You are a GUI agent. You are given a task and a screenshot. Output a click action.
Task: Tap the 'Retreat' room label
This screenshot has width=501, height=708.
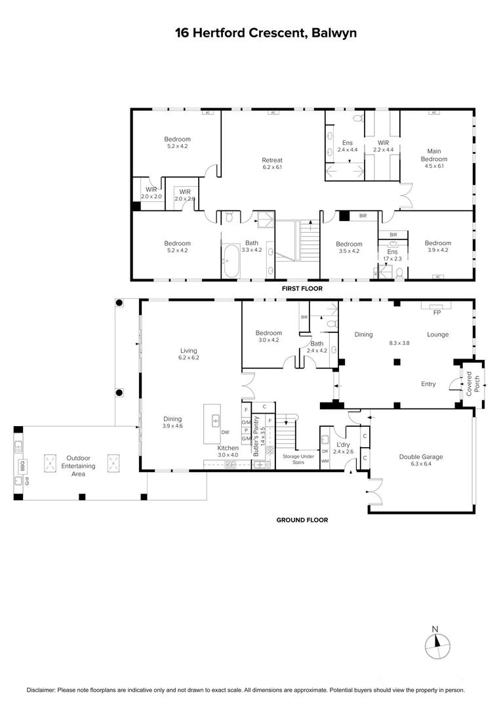click(x=272, y=161)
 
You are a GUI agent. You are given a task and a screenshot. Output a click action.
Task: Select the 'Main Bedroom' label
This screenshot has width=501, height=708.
click(x=433, y=155)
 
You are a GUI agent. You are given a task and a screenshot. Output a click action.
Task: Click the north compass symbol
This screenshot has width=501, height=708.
click(x=437, y=645)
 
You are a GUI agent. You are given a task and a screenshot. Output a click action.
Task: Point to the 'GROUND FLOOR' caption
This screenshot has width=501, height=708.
click(x=302, y=521)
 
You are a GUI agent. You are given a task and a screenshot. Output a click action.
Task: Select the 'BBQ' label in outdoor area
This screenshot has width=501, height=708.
click(x=22, y=467)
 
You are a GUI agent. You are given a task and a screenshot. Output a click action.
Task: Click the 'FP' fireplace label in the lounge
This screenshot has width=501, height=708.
click(x=437, y=313)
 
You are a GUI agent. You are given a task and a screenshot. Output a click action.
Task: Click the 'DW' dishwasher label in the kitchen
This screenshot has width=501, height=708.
click(x=225, y=432)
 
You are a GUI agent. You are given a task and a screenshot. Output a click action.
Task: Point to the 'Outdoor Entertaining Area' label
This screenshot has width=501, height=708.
click(x=77, y=466)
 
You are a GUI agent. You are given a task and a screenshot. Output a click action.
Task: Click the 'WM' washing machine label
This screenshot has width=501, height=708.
click(x=325, y=461)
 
